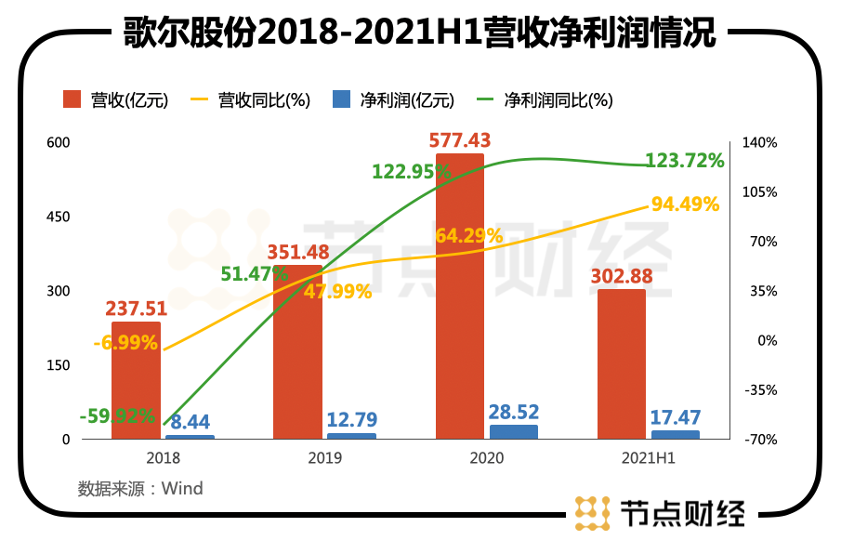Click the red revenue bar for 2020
460,297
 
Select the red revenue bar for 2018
136,381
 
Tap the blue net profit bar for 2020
514,432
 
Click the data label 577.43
460,140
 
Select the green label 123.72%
687,161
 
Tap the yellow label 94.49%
686,204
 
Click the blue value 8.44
191,421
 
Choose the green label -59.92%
117,416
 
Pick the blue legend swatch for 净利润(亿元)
341,99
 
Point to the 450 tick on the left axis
59,217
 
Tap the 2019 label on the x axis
324,458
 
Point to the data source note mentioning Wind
140,488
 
